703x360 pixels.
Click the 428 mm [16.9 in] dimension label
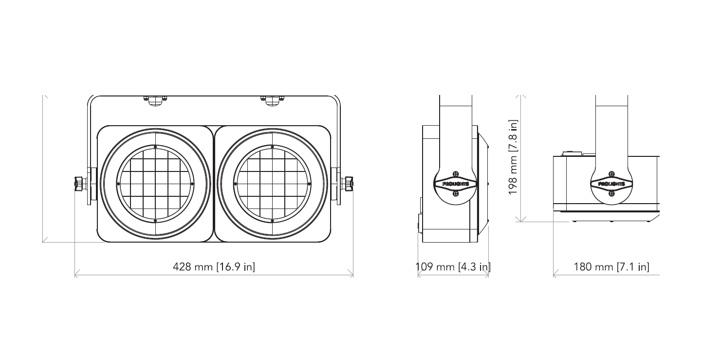[214, 266]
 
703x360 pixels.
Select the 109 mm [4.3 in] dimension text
[453, 266]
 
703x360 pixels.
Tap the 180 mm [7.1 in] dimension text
[611, 266]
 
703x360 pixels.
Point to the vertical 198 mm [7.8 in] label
[513, 157]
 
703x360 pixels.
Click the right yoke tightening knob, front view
[347, 184]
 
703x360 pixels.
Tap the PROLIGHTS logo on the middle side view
[456, 184]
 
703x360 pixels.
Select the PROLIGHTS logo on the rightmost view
[611, 184]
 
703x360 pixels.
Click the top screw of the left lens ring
[155, 147]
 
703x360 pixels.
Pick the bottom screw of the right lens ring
[272, 221]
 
